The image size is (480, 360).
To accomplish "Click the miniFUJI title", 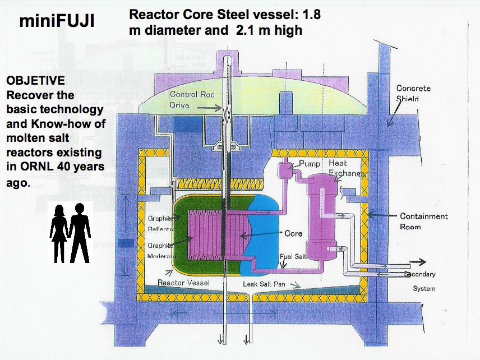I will (x=56, y=21).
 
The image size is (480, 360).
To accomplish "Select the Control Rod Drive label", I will (x=191, y=99).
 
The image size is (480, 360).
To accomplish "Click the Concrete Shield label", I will (x=413, y=93).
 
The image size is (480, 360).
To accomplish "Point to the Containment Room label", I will (x=423, y=221).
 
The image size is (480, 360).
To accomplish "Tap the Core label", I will (x=293, y=233).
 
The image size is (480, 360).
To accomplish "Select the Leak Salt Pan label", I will (x=264, y=284).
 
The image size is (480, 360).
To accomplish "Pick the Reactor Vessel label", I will (x=183, y=283).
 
